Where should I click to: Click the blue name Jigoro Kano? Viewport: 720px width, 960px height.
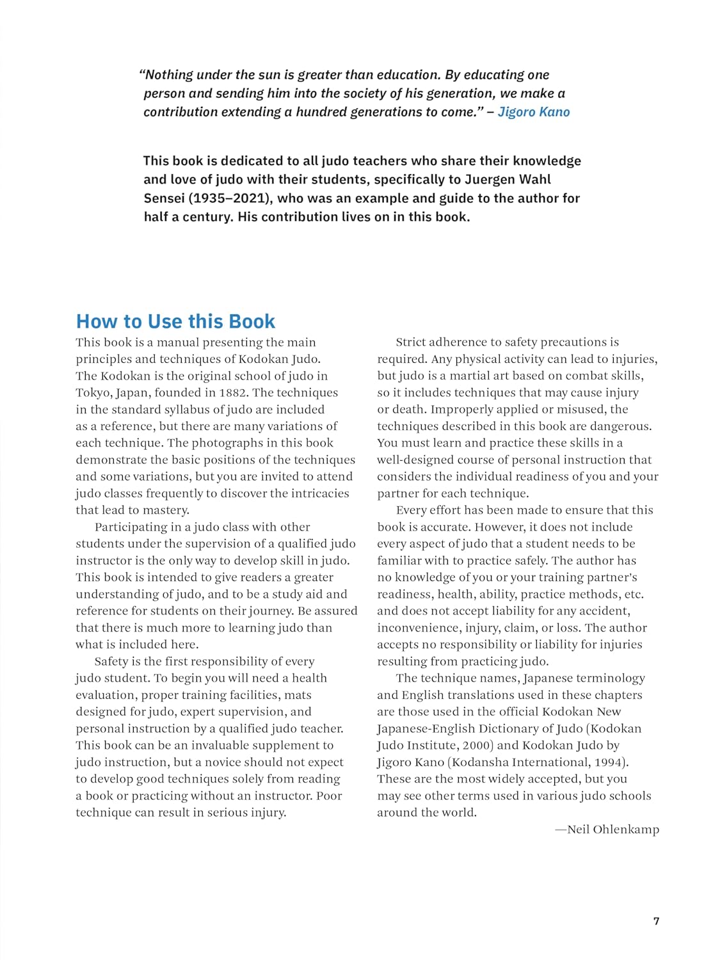click(x=533, y=112)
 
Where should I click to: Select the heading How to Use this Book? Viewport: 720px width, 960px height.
click(x=175, y=321)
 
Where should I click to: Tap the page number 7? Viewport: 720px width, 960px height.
click(x=656, y=921)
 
